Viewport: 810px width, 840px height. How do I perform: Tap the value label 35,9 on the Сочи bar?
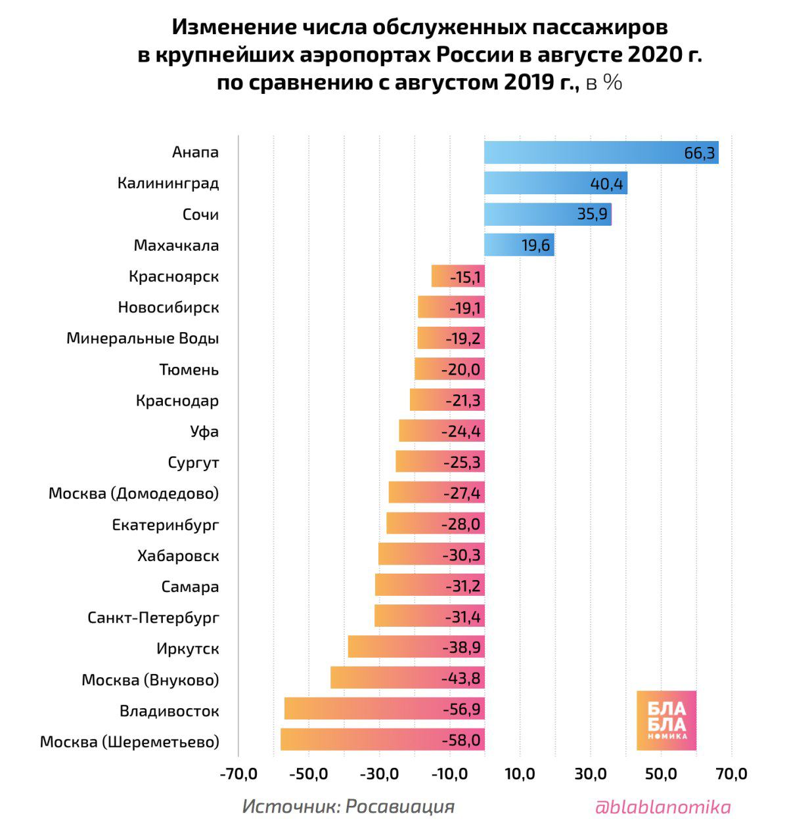(x=593, y=215)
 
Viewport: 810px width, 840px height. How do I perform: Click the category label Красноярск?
(x=174, y=277)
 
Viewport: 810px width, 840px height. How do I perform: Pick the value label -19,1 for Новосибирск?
(x=466, y=308)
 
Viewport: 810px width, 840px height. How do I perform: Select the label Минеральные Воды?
(x=143, y=339)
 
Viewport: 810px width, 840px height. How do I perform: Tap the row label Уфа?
(x=204, y=432)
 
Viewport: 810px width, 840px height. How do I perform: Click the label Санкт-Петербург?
(x=153, y=618)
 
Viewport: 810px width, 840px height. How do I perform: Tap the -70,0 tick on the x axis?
(x=238, y=774)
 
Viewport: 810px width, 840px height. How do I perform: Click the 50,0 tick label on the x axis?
(x=661, y=774)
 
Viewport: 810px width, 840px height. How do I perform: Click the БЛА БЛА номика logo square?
(x=666, y=721)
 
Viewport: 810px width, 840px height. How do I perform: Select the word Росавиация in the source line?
(x=399, y=807)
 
